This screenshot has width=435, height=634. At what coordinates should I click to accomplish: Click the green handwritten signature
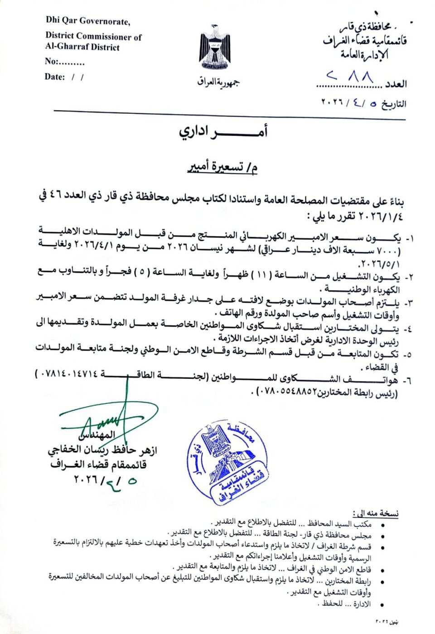click(x=109, y=419)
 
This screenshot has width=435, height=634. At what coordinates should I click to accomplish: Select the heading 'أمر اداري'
click(x=223, y=131)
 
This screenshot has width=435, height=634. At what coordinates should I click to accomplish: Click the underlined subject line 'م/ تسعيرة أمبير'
click(x=223, y=168)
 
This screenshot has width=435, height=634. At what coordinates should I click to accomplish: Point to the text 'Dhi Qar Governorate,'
click(x=88, y=21)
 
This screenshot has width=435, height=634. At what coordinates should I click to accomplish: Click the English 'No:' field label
click(x=51, y=62)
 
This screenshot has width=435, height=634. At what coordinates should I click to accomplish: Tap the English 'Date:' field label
click(x=55, y=77)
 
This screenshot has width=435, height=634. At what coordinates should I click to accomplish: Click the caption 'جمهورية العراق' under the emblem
click(x=217, y=82)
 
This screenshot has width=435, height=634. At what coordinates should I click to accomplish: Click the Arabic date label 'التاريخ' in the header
click(x=393, y=104)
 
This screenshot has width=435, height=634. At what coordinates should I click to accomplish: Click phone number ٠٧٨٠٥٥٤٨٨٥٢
click(x=286, y=391)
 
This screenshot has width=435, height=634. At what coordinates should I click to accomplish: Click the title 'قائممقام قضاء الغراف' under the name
click(x=98, y=465)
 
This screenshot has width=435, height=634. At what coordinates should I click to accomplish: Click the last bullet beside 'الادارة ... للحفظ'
click(x=383, y=605)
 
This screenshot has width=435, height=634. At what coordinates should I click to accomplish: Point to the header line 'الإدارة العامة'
click(x=365, y=55)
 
